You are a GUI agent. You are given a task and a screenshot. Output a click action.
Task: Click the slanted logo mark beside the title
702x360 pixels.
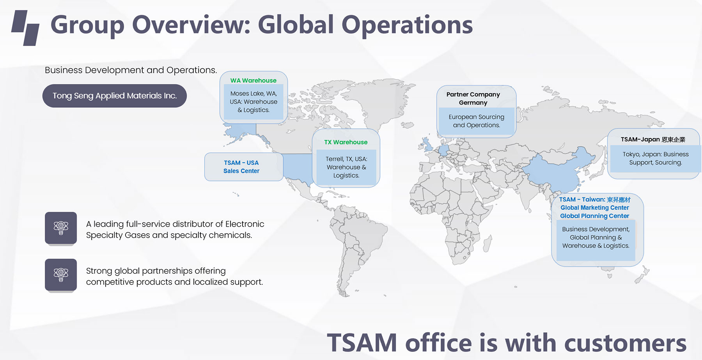pyautogui.click(x=25, y=28)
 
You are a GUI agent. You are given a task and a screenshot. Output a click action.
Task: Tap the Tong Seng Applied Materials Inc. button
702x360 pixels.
pyautogui.click(x=115, y=96)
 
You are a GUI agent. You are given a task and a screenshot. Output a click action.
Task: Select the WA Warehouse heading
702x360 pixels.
pyautogui.click(x=253, y=80)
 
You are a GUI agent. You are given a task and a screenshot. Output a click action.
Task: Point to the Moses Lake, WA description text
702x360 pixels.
pyautogui.click(x=253, y=102)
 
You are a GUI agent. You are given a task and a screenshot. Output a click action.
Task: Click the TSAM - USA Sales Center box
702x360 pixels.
pyautogui.click(x=244, y=167)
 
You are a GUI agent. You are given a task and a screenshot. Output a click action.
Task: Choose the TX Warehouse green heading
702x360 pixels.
pyautogui.click(x=346, y=142)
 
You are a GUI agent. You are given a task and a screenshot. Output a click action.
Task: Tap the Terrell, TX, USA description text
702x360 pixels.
pyautogui.click(x=346, y=167)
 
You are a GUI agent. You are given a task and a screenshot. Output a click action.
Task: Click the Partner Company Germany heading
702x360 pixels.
pyautogui.click(x=473, y=99)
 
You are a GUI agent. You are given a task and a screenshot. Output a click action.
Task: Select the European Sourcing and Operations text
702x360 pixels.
pyautogui.click(x=476, y=121)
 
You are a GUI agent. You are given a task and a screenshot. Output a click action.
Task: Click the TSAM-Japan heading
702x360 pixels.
pyautogui.click(x=653, y=140)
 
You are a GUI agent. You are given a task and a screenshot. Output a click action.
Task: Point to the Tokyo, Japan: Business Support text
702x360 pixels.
pyautogui.click(x=656, y=158)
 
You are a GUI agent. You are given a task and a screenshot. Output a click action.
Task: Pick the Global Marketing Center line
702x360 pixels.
pyautogui.click(x=595, y=208)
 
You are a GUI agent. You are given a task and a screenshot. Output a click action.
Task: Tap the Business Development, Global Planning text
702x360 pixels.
pyautogui.click(x=596, y=238)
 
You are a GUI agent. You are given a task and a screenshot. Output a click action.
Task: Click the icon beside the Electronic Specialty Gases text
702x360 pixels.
pyautogui.click(x=61, y=228)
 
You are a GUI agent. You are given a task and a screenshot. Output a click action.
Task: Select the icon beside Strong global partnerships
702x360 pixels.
pyautogui.click(x=61, y=275)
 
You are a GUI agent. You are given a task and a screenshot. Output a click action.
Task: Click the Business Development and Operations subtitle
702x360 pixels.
pyautogui.click(x=131, y=70)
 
